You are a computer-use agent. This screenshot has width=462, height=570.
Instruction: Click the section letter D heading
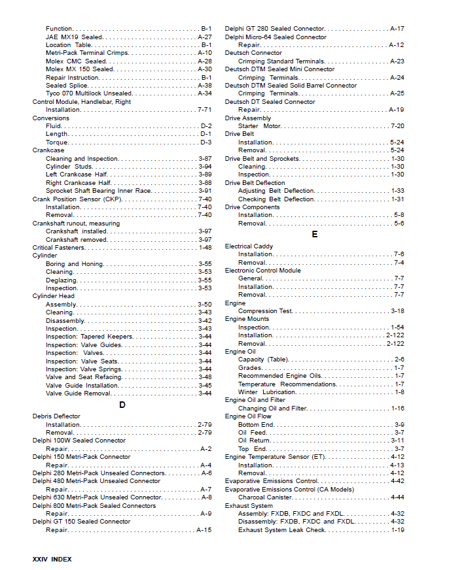coord(122,405)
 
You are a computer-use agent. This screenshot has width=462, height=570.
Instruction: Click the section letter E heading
coord(315,234)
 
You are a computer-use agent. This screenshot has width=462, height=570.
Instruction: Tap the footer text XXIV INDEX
coord(52,559)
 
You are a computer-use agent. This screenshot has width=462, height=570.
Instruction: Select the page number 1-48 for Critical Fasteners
coord(205,248)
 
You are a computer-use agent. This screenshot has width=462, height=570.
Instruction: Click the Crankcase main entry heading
coord(48,150)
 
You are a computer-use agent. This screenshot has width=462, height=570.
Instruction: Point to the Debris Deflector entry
coord(56,416)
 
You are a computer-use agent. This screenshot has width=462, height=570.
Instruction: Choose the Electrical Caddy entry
coord(249,246)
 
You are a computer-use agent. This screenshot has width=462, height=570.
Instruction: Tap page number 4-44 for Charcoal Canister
coord(397,497)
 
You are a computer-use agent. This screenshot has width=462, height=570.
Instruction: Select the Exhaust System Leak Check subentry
coord(281,529)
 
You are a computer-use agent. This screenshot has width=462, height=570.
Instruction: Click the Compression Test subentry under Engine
coord(265,311)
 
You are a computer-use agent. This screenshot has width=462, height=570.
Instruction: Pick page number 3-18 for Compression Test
coord(397,311)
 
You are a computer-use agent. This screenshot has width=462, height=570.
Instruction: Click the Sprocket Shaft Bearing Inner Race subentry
coord(98,191)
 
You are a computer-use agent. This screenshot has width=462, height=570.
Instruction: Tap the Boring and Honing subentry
coord(75,264)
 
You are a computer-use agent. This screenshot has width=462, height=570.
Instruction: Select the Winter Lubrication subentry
coord(266,392)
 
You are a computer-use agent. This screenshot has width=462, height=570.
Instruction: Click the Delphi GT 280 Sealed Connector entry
coord(274,29)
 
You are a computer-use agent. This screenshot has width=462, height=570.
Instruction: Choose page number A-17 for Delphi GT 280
coord(397,29)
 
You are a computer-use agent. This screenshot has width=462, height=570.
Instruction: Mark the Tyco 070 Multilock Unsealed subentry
coord(88,93)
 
